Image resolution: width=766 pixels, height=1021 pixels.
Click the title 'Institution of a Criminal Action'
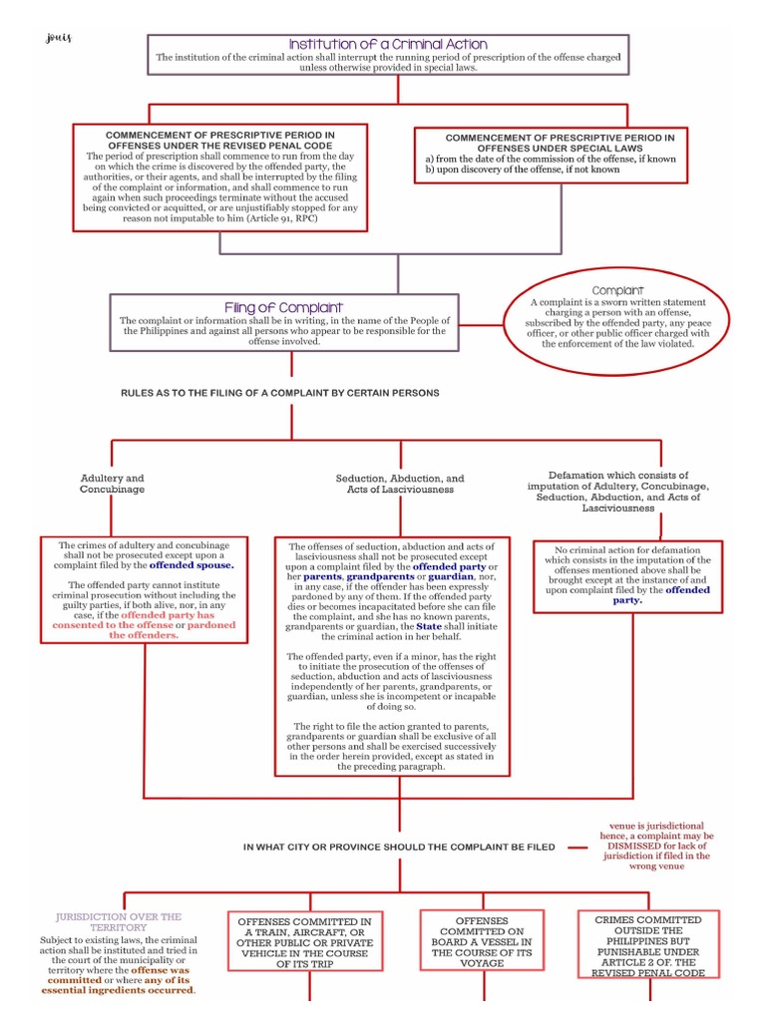point(388,44)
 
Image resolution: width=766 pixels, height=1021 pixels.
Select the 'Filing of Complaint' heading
point(284,307)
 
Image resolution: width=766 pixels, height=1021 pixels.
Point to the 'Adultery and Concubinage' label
point(113,484)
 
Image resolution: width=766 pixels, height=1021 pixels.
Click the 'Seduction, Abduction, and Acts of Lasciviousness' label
point(400,484)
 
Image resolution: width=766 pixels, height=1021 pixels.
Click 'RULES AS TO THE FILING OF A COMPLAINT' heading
point(279,393)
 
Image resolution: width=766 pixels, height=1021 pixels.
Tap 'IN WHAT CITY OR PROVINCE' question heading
point(399,847)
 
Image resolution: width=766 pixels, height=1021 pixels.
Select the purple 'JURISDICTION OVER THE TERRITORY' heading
point(119,921)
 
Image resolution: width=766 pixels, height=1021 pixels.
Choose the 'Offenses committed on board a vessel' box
point(482,942)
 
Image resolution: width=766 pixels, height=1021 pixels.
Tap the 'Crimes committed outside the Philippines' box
point(647,945)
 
